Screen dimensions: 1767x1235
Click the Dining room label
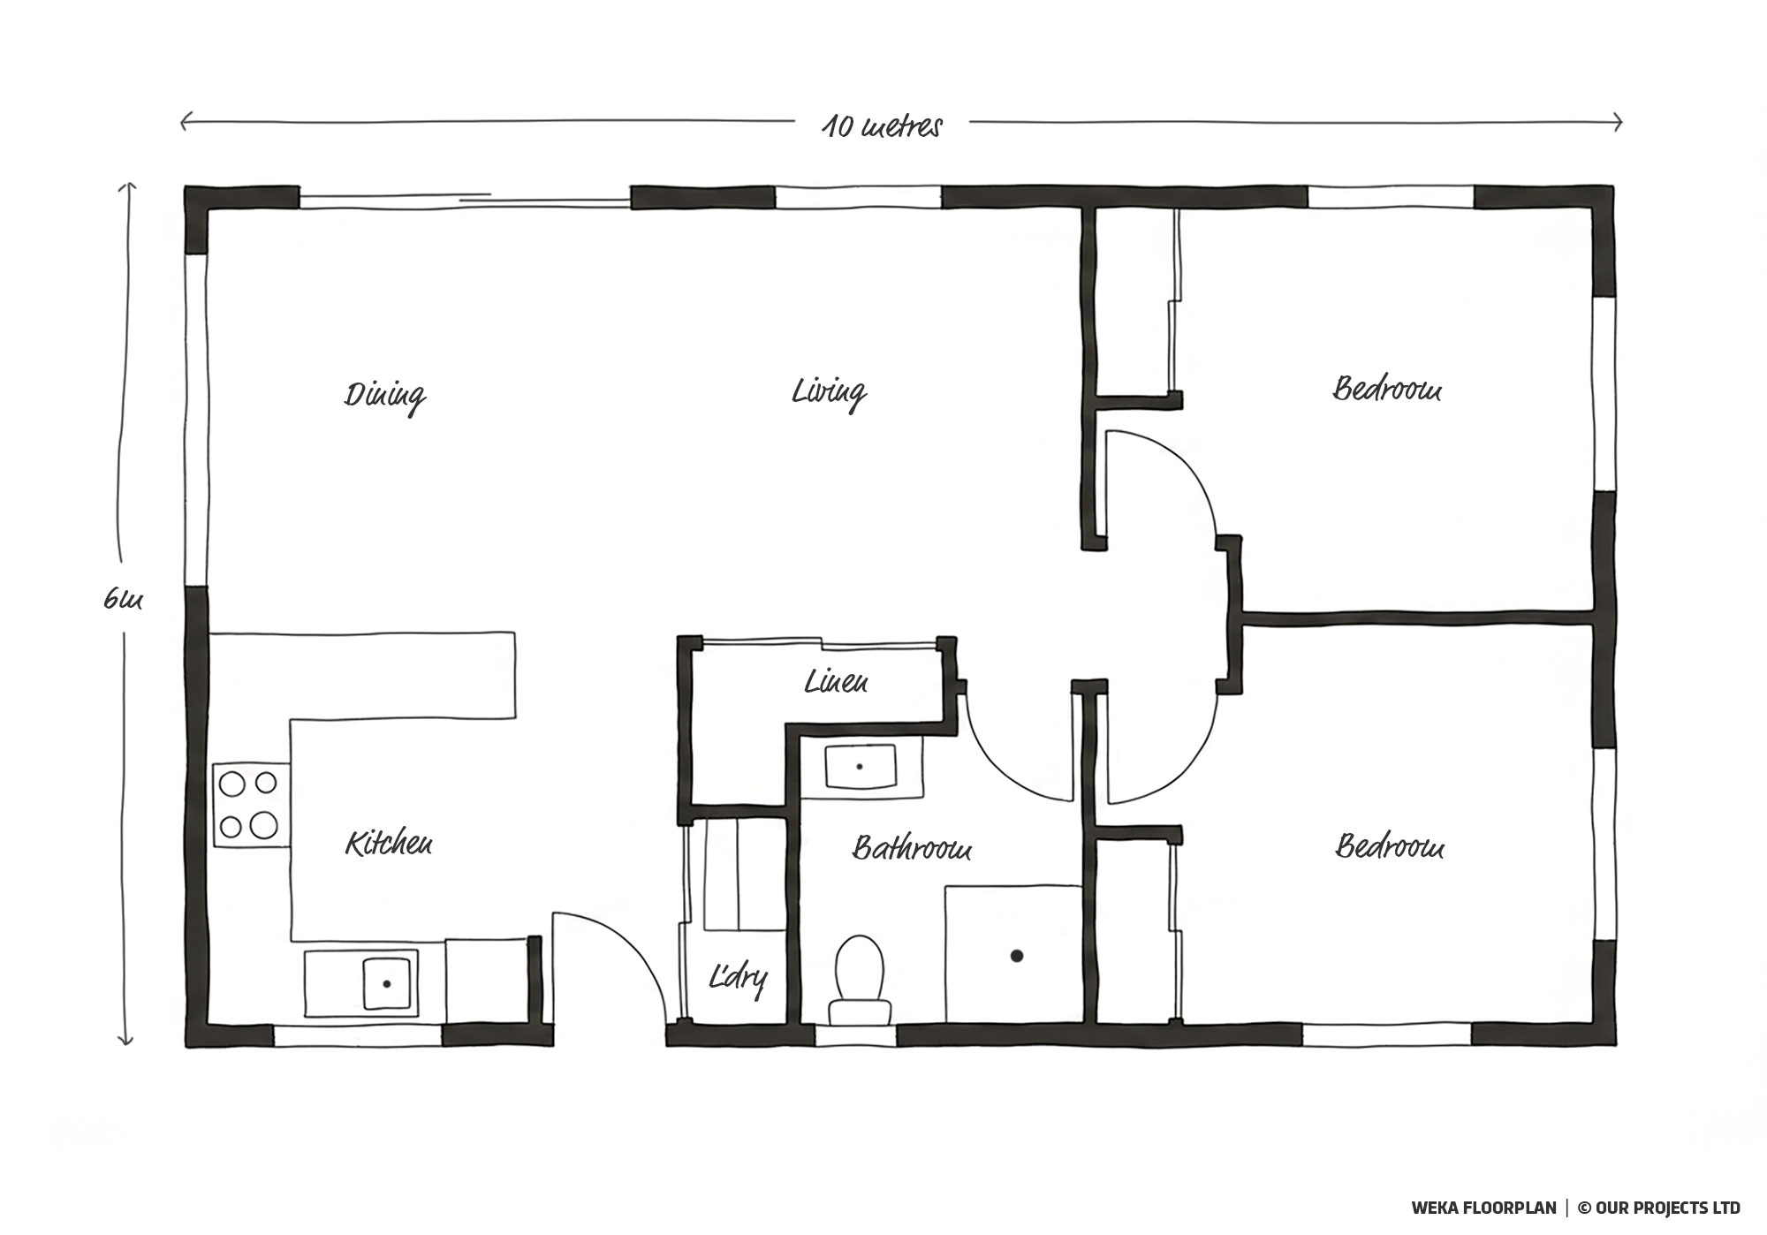(385, 396)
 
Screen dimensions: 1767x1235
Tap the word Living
(829, 392)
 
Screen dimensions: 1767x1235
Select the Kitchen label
(389, 844)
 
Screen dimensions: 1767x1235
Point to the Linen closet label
(836, 681)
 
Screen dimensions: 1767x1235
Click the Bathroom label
(912, 848)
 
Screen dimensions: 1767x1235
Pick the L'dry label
(738, 978)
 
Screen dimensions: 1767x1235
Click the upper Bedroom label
(1387, 389)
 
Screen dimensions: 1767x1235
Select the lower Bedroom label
(1390, 846)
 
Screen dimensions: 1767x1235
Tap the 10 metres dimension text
(883, 126)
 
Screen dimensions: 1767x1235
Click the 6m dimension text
(123, 600)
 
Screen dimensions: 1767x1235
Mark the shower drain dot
(1017, 955)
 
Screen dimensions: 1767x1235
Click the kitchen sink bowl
(386, 982)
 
